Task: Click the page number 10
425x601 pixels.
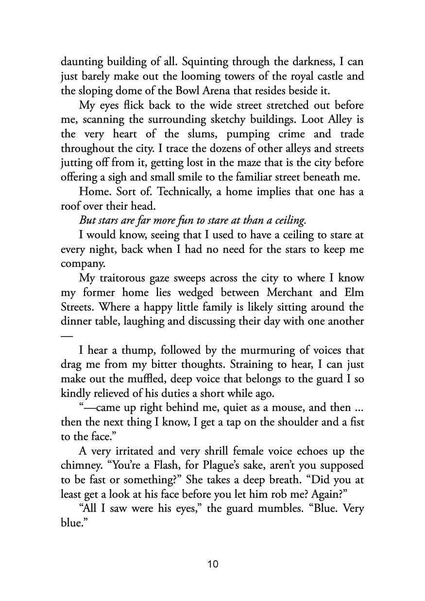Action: point(213,564)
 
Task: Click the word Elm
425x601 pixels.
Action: point(354,293)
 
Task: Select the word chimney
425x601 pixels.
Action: point(82,466)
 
